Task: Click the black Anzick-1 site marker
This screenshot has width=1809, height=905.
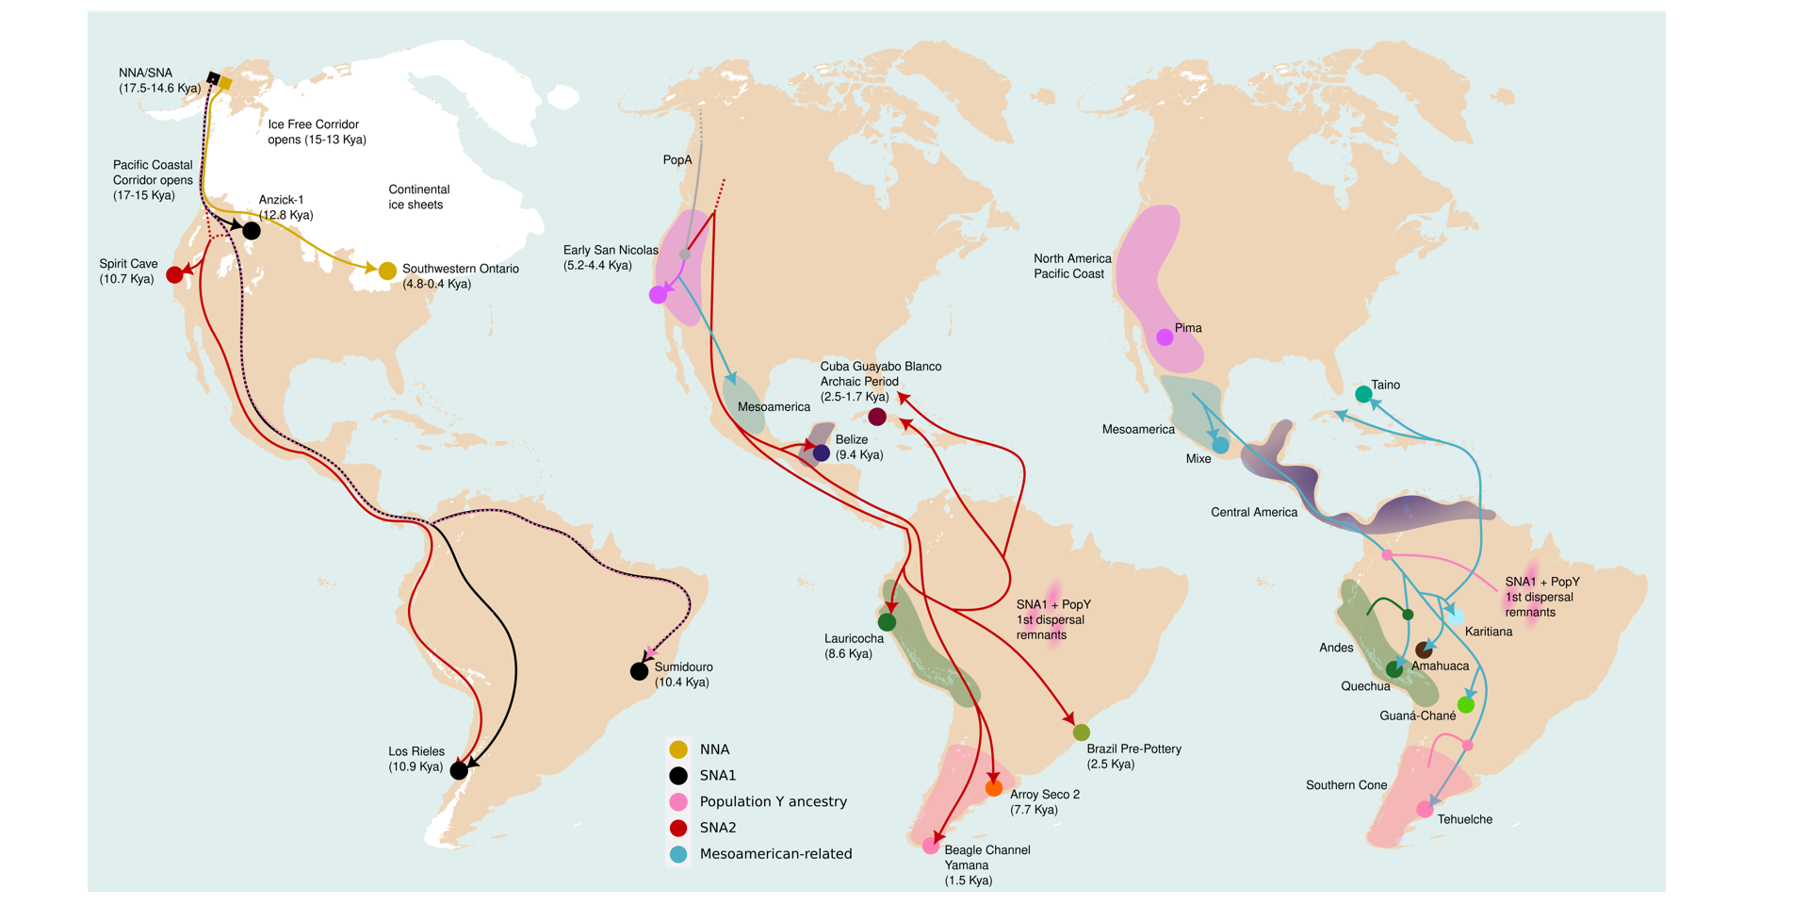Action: click(252, 230)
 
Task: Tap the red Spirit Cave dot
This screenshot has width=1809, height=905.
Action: click(174, 274)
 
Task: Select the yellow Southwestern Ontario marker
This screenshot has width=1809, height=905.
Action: click(387, 271)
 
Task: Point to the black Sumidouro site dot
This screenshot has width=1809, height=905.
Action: click(639, 671)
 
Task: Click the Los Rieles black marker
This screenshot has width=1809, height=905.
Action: click(459, 770)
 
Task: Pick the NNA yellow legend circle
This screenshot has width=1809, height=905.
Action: click(678, 749)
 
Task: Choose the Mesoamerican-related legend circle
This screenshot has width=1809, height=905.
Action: click(678, 854)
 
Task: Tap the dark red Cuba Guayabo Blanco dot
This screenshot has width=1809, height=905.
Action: click(877, 417)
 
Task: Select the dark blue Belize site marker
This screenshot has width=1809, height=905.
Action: click(822, 453)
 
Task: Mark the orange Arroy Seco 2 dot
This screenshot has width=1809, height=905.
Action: click(993, 788)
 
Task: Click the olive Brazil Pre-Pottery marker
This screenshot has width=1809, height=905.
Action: click(1082, 732)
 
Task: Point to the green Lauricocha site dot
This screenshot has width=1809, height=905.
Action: click(887, 622)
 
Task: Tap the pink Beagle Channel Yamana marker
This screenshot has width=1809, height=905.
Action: click(931, 847)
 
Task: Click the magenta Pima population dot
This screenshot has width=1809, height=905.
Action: click(1165, 337)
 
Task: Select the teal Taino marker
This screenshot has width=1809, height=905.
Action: click(1363, 394)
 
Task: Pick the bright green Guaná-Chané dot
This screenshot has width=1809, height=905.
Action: click(1466, 704)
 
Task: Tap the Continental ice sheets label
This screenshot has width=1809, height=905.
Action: click(418, 197)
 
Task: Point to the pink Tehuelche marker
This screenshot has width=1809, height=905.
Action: click(1425, 810)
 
